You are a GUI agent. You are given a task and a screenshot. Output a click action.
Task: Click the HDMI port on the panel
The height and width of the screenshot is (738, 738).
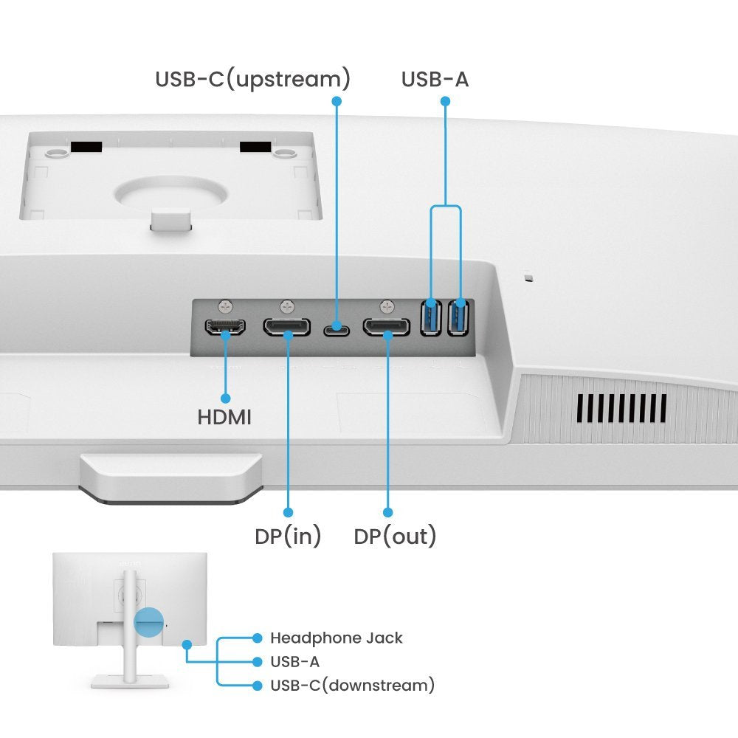[225, 328]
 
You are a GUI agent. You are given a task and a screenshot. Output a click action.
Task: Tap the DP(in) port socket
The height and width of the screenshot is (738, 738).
[286, 327]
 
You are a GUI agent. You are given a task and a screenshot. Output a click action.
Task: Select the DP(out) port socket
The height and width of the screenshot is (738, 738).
[386, 327]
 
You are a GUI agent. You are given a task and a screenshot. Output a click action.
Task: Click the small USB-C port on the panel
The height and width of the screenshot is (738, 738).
[337, 327]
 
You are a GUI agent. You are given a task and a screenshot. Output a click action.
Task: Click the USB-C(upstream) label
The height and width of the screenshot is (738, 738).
[252, 79]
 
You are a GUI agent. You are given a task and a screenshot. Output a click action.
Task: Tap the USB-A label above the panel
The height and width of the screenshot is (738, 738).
[435, 79]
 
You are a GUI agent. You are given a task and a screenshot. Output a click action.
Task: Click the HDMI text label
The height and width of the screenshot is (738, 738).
[224, 417]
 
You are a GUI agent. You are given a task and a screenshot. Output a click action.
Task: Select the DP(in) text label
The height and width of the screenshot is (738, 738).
[288, 537]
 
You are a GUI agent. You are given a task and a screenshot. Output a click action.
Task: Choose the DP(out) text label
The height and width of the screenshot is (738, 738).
[395, 537]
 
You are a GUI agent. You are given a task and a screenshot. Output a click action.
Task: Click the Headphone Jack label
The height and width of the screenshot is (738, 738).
[337, 638]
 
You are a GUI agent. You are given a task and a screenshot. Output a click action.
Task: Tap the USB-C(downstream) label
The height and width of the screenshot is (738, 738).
[352, 686]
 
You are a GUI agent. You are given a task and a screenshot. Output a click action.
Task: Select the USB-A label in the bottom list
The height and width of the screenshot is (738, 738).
[294, 661]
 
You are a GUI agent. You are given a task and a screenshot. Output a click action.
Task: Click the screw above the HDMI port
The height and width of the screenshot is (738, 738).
[225, 305]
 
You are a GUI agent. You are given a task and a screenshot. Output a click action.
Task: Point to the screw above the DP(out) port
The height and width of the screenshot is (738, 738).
[387, 305]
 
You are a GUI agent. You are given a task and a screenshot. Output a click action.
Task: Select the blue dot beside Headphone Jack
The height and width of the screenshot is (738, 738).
[257, 638]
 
